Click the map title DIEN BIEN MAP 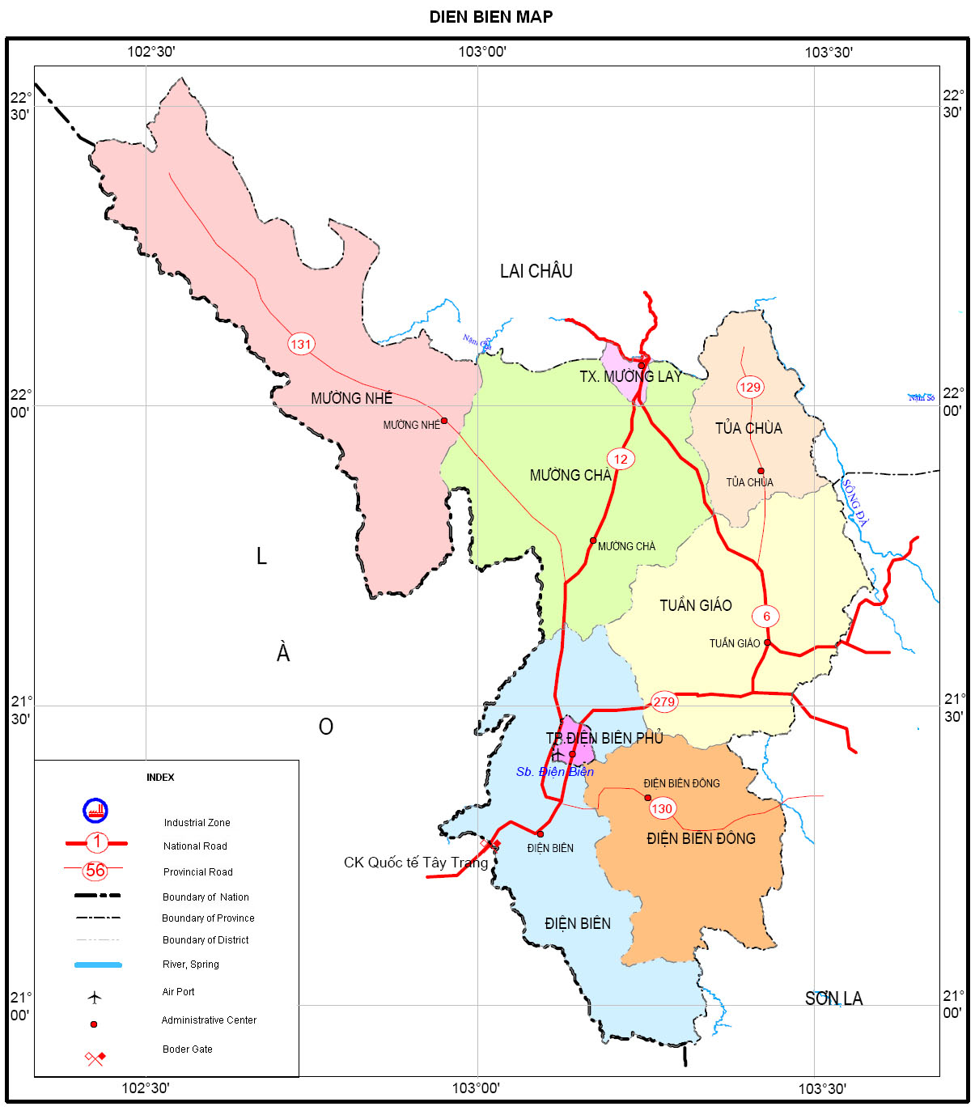[490, 17]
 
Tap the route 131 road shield [300, 344]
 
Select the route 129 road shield [750, 387]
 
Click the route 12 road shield [621, 459]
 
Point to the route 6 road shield [766, 616]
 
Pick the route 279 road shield [663, 702]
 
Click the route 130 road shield [662, 808]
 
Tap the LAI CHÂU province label [536, 271]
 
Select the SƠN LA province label [833, 998]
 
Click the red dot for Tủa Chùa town [761, 471]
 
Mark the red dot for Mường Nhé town [443, 421]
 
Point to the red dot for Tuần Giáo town [767, 643]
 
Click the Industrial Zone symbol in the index [95, 810]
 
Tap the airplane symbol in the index [95, 997]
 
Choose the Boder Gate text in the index [187, 1049]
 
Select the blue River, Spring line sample [98, 964]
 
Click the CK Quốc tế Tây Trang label [416, 863]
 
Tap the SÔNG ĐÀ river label [854, 502]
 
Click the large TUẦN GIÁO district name [695, 605]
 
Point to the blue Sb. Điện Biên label [554, 772]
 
